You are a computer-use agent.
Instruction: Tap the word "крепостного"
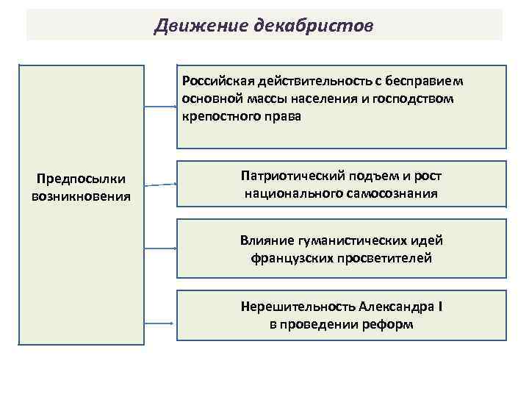pos(217,116)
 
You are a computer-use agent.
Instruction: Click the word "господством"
pos(422,98)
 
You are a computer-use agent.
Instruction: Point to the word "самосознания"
pos(393,194)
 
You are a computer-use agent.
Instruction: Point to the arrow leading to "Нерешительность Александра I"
pos(161,323)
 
